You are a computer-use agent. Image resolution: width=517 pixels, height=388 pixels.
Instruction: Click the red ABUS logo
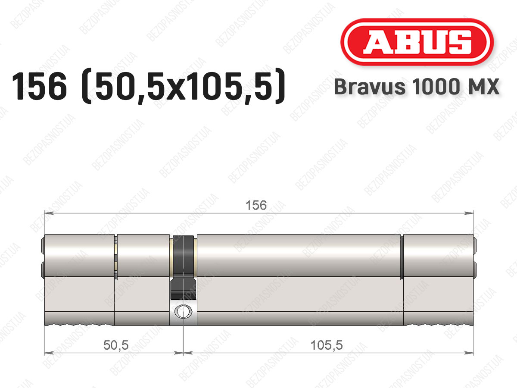(417, 42)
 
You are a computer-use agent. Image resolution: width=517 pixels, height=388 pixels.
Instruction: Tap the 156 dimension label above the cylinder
(256, 205)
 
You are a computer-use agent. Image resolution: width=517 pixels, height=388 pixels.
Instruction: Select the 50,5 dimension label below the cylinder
(116, 345)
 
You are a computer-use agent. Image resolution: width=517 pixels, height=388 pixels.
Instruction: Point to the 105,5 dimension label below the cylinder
(327, 345)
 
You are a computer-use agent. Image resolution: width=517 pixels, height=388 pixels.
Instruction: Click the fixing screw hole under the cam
(183, 311)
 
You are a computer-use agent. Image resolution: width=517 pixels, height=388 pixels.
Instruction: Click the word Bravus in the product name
(370, 87)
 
